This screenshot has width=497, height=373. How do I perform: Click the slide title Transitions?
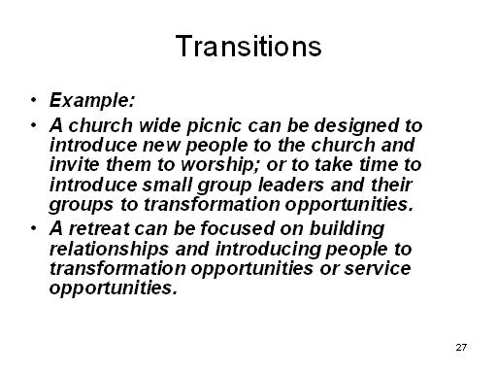tap(248, 46)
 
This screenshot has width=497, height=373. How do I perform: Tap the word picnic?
tap(214, 126)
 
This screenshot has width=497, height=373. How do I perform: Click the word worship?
tap(220, 165)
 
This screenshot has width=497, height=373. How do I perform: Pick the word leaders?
tap(291, 185)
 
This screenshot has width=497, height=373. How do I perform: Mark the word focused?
tap(237, 228)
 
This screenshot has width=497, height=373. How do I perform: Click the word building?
tap(347, 229)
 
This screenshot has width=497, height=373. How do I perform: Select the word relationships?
tap(109, 249)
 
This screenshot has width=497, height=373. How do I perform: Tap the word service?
tap(378, 268)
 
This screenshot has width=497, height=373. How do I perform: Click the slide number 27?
tap(461, 347)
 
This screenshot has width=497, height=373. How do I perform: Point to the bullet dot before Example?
tap(34, 99)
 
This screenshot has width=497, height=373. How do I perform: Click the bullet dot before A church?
tap(34, 124)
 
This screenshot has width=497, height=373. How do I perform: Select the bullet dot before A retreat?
tap(34, 228)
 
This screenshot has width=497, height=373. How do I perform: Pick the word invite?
tap(74, 164)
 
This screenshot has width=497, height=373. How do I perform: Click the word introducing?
tap(268, 250)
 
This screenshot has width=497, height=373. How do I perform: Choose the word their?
tap(391, 185)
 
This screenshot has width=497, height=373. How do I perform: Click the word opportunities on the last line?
tap(114, 288)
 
